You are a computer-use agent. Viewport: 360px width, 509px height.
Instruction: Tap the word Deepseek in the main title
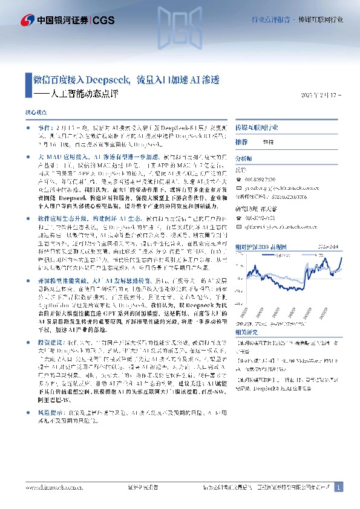(x=106, y=80)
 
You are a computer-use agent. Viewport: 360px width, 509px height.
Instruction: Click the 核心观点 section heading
(x=34, y=113)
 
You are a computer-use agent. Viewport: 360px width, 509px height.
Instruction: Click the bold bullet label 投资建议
(x=50, y=342)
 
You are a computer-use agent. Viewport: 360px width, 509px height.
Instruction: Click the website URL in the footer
(x=51, y=487)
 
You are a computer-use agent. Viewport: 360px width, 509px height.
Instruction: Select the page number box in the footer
(x=339, y=487)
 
